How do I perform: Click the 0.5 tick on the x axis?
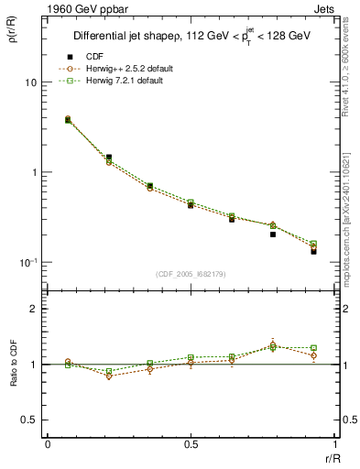191,446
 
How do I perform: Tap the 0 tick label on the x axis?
47,446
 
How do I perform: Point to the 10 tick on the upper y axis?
29,82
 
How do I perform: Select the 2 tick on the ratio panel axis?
33,310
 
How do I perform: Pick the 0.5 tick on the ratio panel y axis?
29,420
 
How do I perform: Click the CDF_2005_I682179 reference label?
191,273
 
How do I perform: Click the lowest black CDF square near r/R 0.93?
313,251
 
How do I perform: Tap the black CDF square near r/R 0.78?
273,234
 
